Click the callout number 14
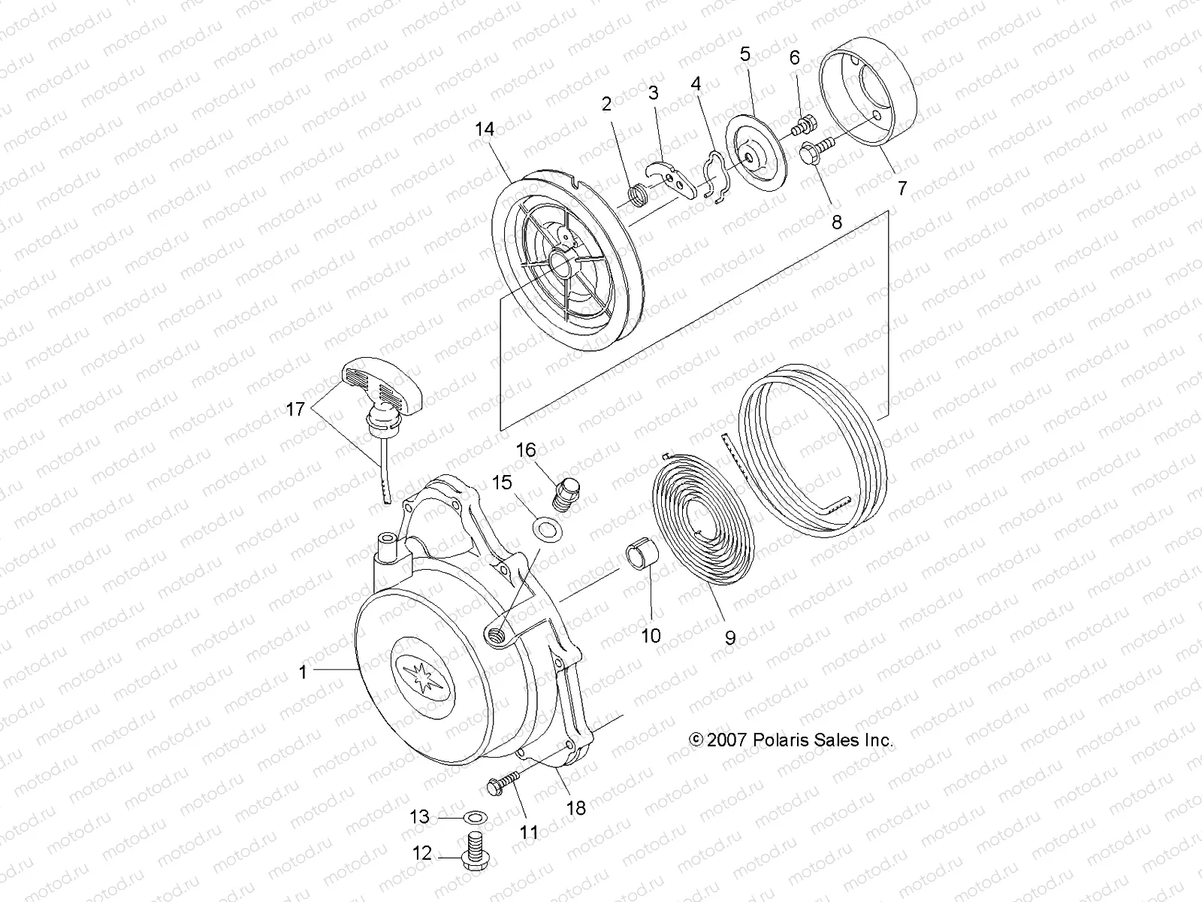(485, 129)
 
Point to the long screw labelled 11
(504, 782)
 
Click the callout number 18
(575, 808)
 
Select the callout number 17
(296, 409)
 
